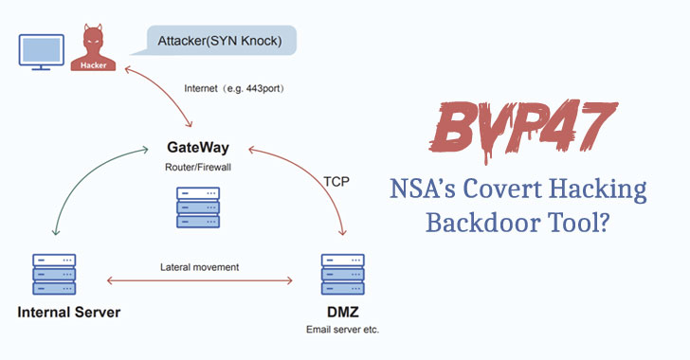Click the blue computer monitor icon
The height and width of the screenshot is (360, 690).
pyautogui.click(x=42, y=52)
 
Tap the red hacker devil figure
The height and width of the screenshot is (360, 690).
pyautogui.click(x=93, y=48)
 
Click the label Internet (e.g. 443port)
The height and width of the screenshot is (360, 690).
pyautogui.click(x=234, y=88)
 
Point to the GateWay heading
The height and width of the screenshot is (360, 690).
pyautogui.click(x=198, y=147)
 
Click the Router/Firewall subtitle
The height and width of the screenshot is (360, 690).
pyautogui.click(x=198, y=168)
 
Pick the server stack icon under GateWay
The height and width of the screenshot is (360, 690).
pyautogui.click(x=198, y=207)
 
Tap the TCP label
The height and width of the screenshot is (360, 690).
pyautogui.click(x=336, y=181)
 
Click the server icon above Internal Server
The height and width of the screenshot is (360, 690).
pyautogui.click(x=54, y=274)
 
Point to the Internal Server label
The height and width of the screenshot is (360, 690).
pyautogui.click(x=68, y=312)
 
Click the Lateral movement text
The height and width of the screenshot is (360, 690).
pyautogui.click(x=199, y=267)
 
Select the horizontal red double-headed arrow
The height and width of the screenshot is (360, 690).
pyautogui.click(x=200, y=280)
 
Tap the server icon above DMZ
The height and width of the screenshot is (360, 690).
pyautogui.click(x=343, y=274)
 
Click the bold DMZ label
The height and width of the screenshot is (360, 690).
pyautogui.click(x=343, y=312)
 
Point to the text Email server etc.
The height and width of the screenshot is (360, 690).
pyautogui.click(x=342, y=330)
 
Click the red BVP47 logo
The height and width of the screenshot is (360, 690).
pyautogui.click(x=523, y=130)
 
